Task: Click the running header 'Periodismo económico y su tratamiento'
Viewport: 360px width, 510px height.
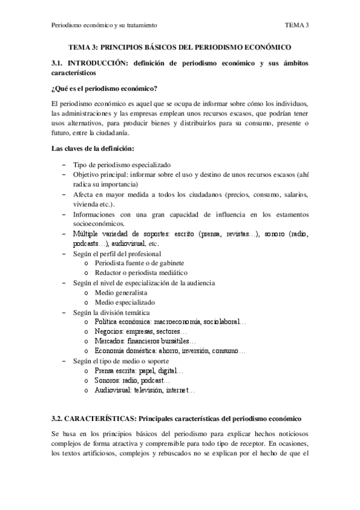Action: click(104, 25)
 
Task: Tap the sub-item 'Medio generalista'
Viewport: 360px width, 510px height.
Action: click(120, 292)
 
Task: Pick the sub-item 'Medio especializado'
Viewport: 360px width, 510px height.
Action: click(124, 302)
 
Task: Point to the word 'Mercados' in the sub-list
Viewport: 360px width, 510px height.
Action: click(109, 341)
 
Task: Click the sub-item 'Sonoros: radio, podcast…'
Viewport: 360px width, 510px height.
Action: click(132, 381)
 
